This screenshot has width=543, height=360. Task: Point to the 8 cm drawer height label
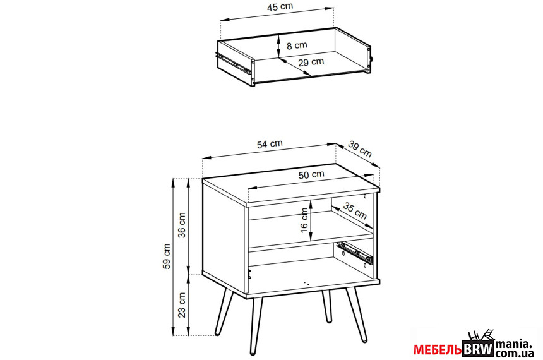click(297, 45)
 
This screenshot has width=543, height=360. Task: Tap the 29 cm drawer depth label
click(311, 63)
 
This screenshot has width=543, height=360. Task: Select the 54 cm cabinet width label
click(270, 144)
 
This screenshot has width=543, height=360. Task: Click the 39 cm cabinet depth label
click(360, 149)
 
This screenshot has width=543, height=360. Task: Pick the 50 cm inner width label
click(311, 174)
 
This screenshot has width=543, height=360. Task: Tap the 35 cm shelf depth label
click(355, 211)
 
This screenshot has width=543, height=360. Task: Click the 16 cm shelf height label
click(304, 220)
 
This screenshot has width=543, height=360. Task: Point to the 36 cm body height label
click(182, 225)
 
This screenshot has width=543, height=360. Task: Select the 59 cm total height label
click(167, 256)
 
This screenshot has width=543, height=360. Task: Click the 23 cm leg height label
click(182, 305)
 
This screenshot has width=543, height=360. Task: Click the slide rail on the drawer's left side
click(233, 63)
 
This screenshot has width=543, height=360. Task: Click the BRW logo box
click(478, 349)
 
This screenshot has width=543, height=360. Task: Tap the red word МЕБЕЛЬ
click(438, 350)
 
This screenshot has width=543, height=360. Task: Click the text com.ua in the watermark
click(514, 354)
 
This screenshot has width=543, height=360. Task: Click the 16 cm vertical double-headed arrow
click(311, 220)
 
